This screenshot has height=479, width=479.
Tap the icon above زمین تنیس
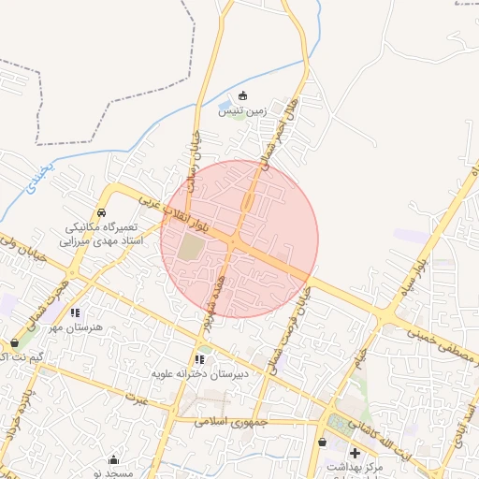[x=243, y=95]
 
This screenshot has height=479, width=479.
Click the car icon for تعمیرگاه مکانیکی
[x=102, y=212]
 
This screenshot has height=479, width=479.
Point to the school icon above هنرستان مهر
[x=75, y=312]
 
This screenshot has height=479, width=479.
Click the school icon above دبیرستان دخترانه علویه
[x=199, y=358]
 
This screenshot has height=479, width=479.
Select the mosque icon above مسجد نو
[x=114, y=459]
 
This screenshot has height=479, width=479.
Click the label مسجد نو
[x=119, y=473]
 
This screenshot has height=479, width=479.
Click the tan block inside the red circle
[x=191, y=248]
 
